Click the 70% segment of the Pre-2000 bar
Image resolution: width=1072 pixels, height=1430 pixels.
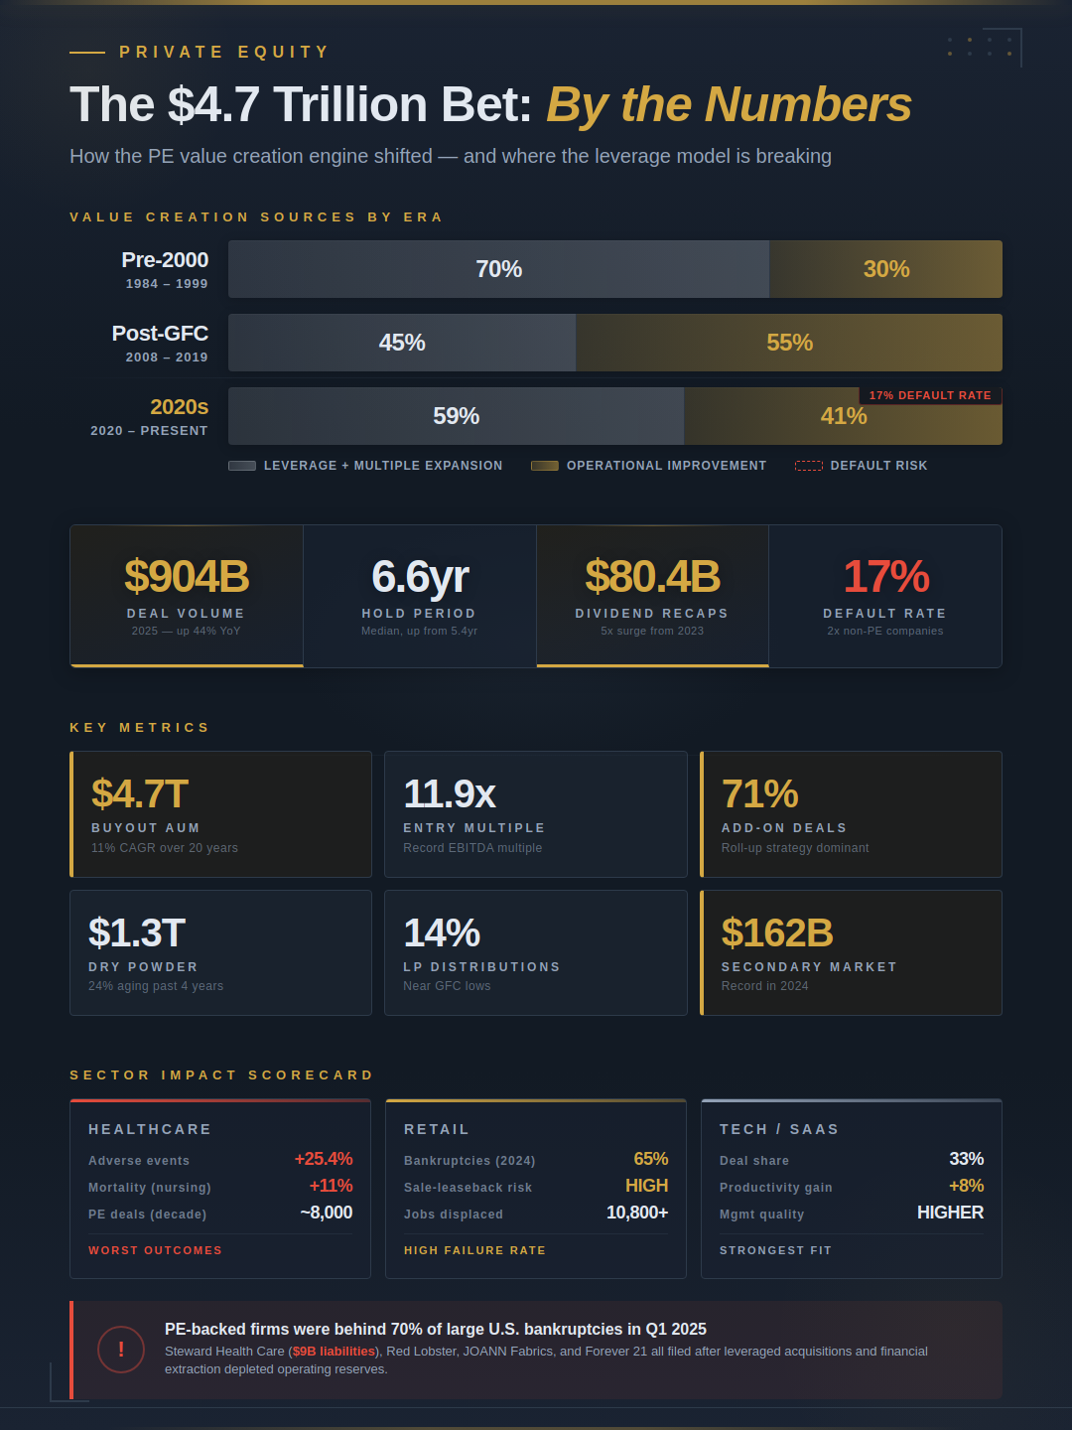498,269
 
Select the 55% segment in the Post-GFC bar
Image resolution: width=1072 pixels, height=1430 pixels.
789,343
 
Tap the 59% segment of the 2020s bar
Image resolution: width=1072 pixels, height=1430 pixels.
456,416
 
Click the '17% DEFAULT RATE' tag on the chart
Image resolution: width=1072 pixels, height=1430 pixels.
930,395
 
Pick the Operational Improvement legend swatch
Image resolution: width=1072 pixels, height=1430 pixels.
545,466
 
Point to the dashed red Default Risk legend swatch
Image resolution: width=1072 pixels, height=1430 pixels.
809,466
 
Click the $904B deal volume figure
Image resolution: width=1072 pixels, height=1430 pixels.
187,577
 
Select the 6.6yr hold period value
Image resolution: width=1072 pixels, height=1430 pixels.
420,577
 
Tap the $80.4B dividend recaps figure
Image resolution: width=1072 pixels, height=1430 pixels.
652,577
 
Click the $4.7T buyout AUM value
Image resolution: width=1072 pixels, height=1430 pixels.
140,794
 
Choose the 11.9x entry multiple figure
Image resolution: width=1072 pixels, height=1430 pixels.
449,794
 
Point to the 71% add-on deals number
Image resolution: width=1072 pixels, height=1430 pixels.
759,794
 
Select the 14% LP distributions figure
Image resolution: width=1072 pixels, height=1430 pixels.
442,933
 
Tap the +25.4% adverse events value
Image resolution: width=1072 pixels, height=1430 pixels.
324,1159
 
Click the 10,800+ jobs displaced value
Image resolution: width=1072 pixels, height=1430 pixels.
637,1213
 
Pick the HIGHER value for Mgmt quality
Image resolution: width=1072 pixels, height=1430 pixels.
950,1213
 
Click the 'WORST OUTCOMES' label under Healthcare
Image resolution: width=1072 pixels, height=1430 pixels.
155,1250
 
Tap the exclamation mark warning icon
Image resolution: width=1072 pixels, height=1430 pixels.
121,1350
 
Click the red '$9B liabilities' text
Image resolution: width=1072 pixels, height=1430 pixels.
335,1352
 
